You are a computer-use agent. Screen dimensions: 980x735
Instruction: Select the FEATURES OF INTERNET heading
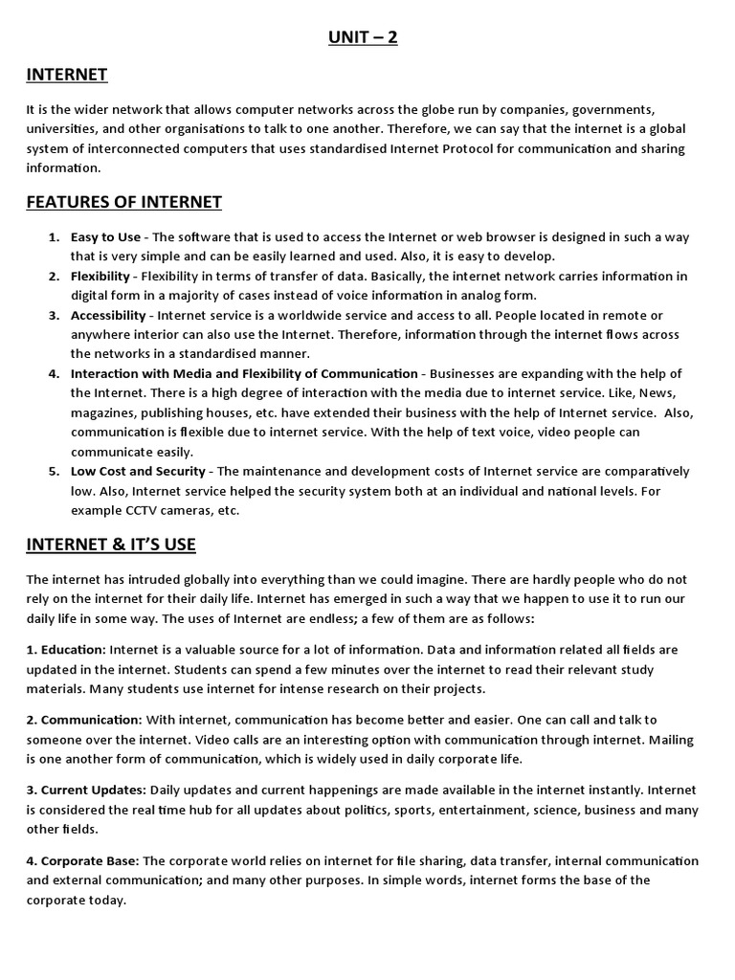coord(123,202)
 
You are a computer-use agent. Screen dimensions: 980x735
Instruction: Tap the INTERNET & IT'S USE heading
coord(111,545)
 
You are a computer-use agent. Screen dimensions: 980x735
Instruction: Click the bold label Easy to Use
coord(104,236)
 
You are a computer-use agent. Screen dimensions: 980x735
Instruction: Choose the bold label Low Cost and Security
coord(138,471)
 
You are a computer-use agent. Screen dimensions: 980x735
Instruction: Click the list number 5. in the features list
coord(55,471)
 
